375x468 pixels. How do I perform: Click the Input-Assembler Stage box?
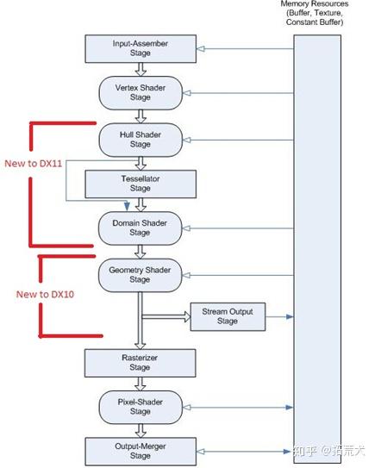coord(141,47)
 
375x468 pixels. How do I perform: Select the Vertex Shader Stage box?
coord(141,92)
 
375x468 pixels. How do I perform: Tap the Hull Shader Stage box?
coord(141,139)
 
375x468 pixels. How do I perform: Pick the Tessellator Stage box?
coord(141,183)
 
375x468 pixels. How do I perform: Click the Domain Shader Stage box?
coord(141,228)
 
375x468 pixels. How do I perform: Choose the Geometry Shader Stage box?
coord(141,273)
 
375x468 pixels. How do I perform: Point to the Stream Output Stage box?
coord(228,316)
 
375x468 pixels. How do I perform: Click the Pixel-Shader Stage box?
coord(141,405)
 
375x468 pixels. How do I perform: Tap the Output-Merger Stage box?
coord(141,450)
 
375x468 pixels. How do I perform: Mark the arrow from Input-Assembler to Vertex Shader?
coord(141,69)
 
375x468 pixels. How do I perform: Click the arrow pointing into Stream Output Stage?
coord(166,316)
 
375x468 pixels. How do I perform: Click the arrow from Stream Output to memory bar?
coord(279,316)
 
